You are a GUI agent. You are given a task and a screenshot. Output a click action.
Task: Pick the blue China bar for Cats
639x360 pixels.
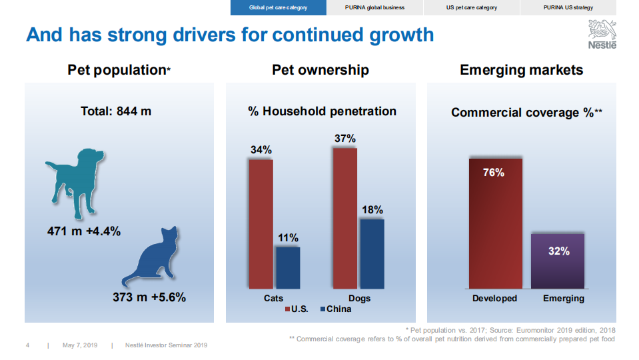288,267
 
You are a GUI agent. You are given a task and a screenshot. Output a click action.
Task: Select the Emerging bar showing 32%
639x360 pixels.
558,260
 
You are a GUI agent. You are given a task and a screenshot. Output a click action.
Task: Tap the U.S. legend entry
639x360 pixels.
297,309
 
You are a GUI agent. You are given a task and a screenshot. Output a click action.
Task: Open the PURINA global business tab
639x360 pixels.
374,7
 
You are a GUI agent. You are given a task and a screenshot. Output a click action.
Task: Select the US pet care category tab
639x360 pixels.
471,7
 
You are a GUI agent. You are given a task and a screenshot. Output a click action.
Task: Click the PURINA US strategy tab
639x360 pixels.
567,7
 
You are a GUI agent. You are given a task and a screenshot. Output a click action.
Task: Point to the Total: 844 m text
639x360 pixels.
117,111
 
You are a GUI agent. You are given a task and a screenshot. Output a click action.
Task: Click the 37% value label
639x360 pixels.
345,139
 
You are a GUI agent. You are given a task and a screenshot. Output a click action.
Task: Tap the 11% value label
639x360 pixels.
289,238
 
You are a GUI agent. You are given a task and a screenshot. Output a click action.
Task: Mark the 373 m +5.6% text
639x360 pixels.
149,297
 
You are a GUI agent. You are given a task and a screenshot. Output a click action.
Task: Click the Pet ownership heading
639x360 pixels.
320,70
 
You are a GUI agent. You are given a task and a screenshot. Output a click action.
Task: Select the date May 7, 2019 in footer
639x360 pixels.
80,345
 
